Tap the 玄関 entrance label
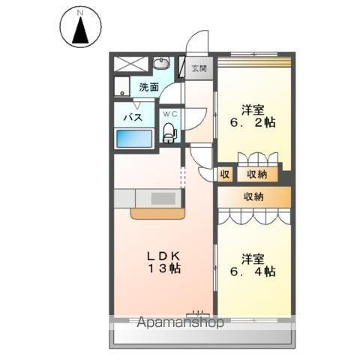tap(199, 68)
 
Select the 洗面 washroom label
tap(149, 87)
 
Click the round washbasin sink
tap(161, 63)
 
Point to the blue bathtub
tap(134, 138)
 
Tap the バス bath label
tap(133, 117)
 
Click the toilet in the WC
tap(169, 133)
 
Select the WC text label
tap(170, 114)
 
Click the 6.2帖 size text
tap(253, 123)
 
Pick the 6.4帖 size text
tap(253, 271)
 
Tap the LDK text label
tap(163, 256)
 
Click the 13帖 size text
tap(164, 268)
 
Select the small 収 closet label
tap(225, 174)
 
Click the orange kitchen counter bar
tap(157, 213)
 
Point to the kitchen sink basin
tap(163, 199)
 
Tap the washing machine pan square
tap(122, 86)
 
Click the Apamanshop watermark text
tap(180, 322)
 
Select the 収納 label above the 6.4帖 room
tap(253, 197)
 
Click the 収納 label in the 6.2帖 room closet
tap(257, 174)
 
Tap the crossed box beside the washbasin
tap(131, 64)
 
